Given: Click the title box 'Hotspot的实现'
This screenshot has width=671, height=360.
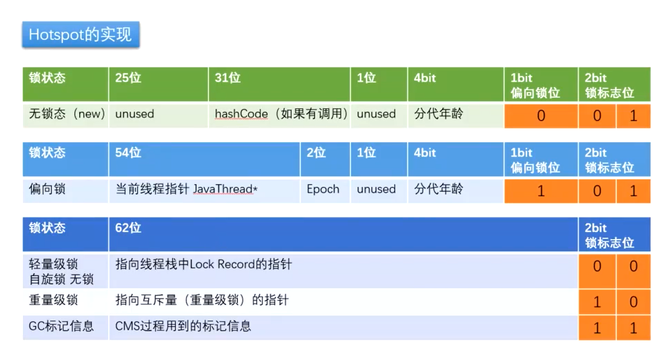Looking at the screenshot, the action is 81,34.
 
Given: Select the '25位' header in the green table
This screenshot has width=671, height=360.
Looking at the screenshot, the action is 158,84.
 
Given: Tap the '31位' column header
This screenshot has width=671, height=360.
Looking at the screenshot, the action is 279,84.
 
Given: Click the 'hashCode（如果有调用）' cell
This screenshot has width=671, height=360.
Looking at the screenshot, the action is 279,116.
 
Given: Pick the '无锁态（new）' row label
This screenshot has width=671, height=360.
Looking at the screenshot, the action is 65,116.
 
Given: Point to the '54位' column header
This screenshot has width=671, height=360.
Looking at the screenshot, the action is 204,159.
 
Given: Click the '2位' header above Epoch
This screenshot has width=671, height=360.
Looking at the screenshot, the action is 325,159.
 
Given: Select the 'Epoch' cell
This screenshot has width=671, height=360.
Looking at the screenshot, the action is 325,191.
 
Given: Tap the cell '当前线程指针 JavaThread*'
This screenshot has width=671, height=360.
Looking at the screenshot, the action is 204,191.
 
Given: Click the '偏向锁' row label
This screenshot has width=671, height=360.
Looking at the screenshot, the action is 65,191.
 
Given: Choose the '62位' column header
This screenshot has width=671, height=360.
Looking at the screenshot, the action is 343,234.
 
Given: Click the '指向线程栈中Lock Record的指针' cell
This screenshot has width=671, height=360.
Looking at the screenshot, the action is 343,271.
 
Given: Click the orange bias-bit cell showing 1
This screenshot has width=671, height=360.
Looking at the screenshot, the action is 541,191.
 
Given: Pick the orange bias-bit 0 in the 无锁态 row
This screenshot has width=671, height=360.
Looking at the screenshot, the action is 541,116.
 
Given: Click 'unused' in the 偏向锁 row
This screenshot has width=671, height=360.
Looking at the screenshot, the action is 378,191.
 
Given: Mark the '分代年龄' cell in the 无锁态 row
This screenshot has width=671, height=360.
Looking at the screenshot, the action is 455,116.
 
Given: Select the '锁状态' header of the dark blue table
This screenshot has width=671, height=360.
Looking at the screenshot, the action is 65,234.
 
